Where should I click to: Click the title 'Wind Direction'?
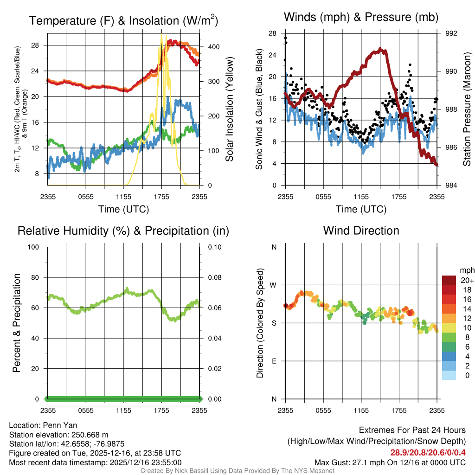pyautogui.click(x=361, y=231)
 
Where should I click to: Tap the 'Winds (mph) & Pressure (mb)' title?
pyautogui.click(x=361, y=18)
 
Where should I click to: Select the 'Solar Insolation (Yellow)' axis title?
pyautogui.click(x=230, y=109)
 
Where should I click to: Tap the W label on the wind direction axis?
pyautogui.click(x=274, y=285)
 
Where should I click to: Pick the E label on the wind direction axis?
pyautogui.click(x=274, y=361)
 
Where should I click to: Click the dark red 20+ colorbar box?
pyautogui.click(x=449, y=280)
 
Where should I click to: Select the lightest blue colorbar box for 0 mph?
pyautogui.click(x=449, y=376)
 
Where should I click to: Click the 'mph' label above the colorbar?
pyautogui.click(x=466, y=270)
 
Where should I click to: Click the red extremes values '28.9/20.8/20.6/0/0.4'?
pyautogui.click(x=428, y=452)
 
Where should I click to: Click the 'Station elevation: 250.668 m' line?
pyautogui.click(x=58, y=435)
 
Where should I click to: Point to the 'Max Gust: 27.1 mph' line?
pyautogui.click(x=390, y=462)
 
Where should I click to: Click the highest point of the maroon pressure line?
pyautogui.click(x=380, y=49)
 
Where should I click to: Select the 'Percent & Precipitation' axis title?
pyautogui.click(x=17, y=323)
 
